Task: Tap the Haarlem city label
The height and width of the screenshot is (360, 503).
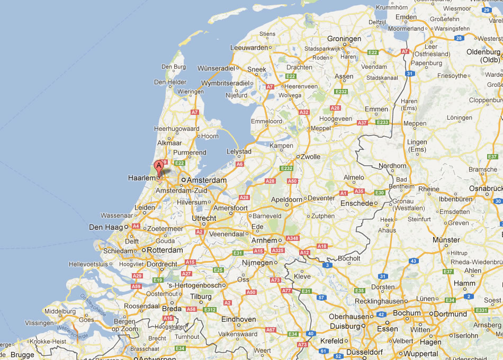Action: tap(141, 178)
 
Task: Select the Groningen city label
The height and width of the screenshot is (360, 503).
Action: tap(344, 39)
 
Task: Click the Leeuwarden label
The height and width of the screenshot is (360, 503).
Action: tap(249, 47)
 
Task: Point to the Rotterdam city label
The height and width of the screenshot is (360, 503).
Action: tap(165, 250)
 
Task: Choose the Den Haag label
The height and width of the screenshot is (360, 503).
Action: tap(106, 227)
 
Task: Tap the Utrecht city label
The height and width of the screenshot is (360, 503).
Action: tap(204, 218)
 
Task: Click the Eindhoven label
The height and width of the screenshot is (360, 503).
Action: tap(238, 319)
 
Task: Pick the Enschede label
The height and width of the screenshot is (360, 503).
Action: tap(356, 203)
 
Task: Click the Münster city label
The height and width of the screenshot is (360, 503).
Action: tap(446, 240)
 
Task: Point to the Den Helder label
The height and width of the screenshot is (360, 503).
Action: tap(170, 82)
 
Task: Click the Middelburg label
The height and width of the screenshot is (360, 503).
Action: tap(61, 311)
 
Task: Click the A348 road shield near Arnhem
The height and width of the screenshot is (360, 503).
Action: tap(292, 238)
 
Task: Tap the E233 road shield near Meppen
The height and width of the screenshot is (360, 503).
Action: tap(382, 122)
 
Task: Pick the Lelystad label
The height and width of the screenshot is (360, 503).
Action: tap(239, 151)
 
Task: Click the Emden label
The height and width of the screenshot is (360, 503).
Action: tap(406, 17)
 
